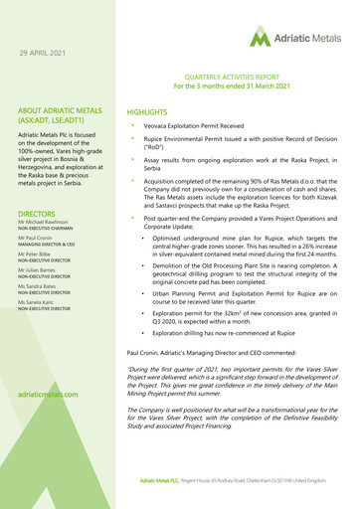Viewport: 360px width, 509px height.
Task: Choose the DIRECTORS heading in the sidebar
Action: pyautogui.click(x=36, y=213)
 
